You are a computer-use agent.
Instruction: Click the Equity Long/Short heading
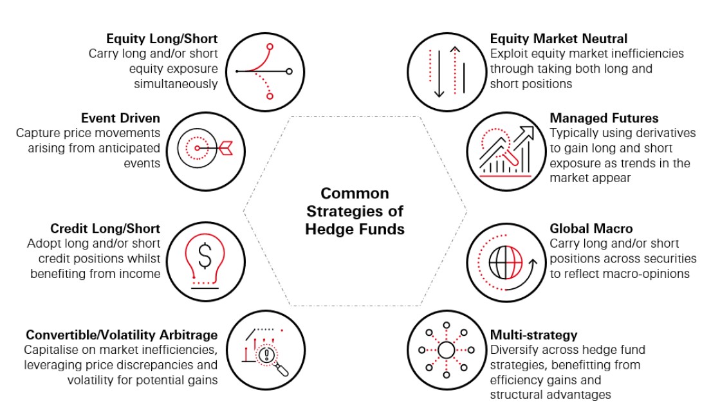point(162,39)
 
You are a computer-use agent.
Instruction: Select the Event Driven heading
point(120,118)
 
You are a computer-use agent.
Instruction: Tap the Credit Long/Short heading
point(106,229)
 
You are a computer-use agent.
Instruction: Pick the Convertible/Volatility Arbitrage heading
point(122,335)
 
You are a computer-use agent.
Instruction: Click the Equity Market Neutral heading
point(559,39)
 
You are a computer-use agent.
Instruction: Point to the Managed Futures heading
point(604,118)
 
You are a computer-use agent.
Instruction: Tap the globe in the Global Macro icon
point(501,263)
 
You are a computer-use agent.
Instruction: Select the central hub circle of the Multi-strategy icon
point(447,350)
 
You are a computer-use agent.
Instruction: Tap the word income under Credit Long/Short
point(141,273)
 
